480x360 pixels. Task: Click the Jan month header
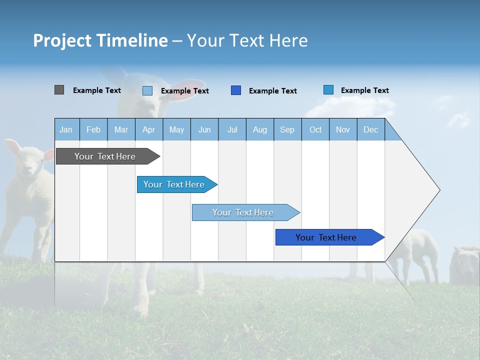(66, 129)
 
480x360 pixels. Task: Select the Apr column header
(148, 129)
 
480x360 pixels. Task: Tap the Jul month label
(232, 129)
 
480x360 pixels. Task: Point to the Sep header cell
(287, 129)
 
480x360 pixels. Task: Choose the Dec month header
(370, 129)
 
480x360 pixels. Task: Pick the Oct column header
(315, 129)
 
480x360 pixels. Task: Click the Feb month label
(93, 129)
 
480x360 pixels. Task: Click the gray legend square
(59, 90)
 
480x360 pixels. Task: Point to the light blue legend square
(147, 90)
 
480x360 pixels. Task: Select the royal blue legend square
(236, 90)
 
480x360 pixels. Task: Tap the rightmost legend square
(328, 90)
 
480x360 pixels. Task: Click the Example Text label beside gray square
(96, 90)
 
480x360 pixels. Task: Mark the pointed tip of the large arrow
(439, 190)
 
